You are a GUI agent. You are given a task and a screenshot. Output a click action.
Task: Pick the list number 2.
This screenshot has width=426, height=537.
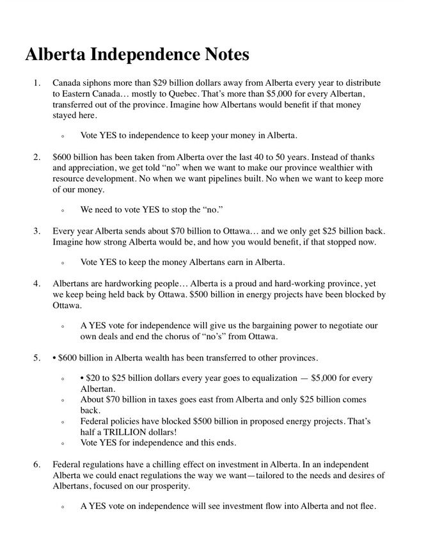(37, 157)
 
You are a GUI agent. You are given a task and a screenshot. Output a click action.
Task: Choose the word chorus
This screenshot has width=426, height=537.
(180, 336)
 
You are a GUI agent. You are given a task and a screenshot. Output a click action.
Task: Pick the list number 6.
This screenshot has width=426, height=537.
(37, 464)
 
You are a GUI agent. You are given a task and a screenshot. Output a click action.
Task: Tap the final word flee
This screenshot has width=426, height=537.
(367, 506)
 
